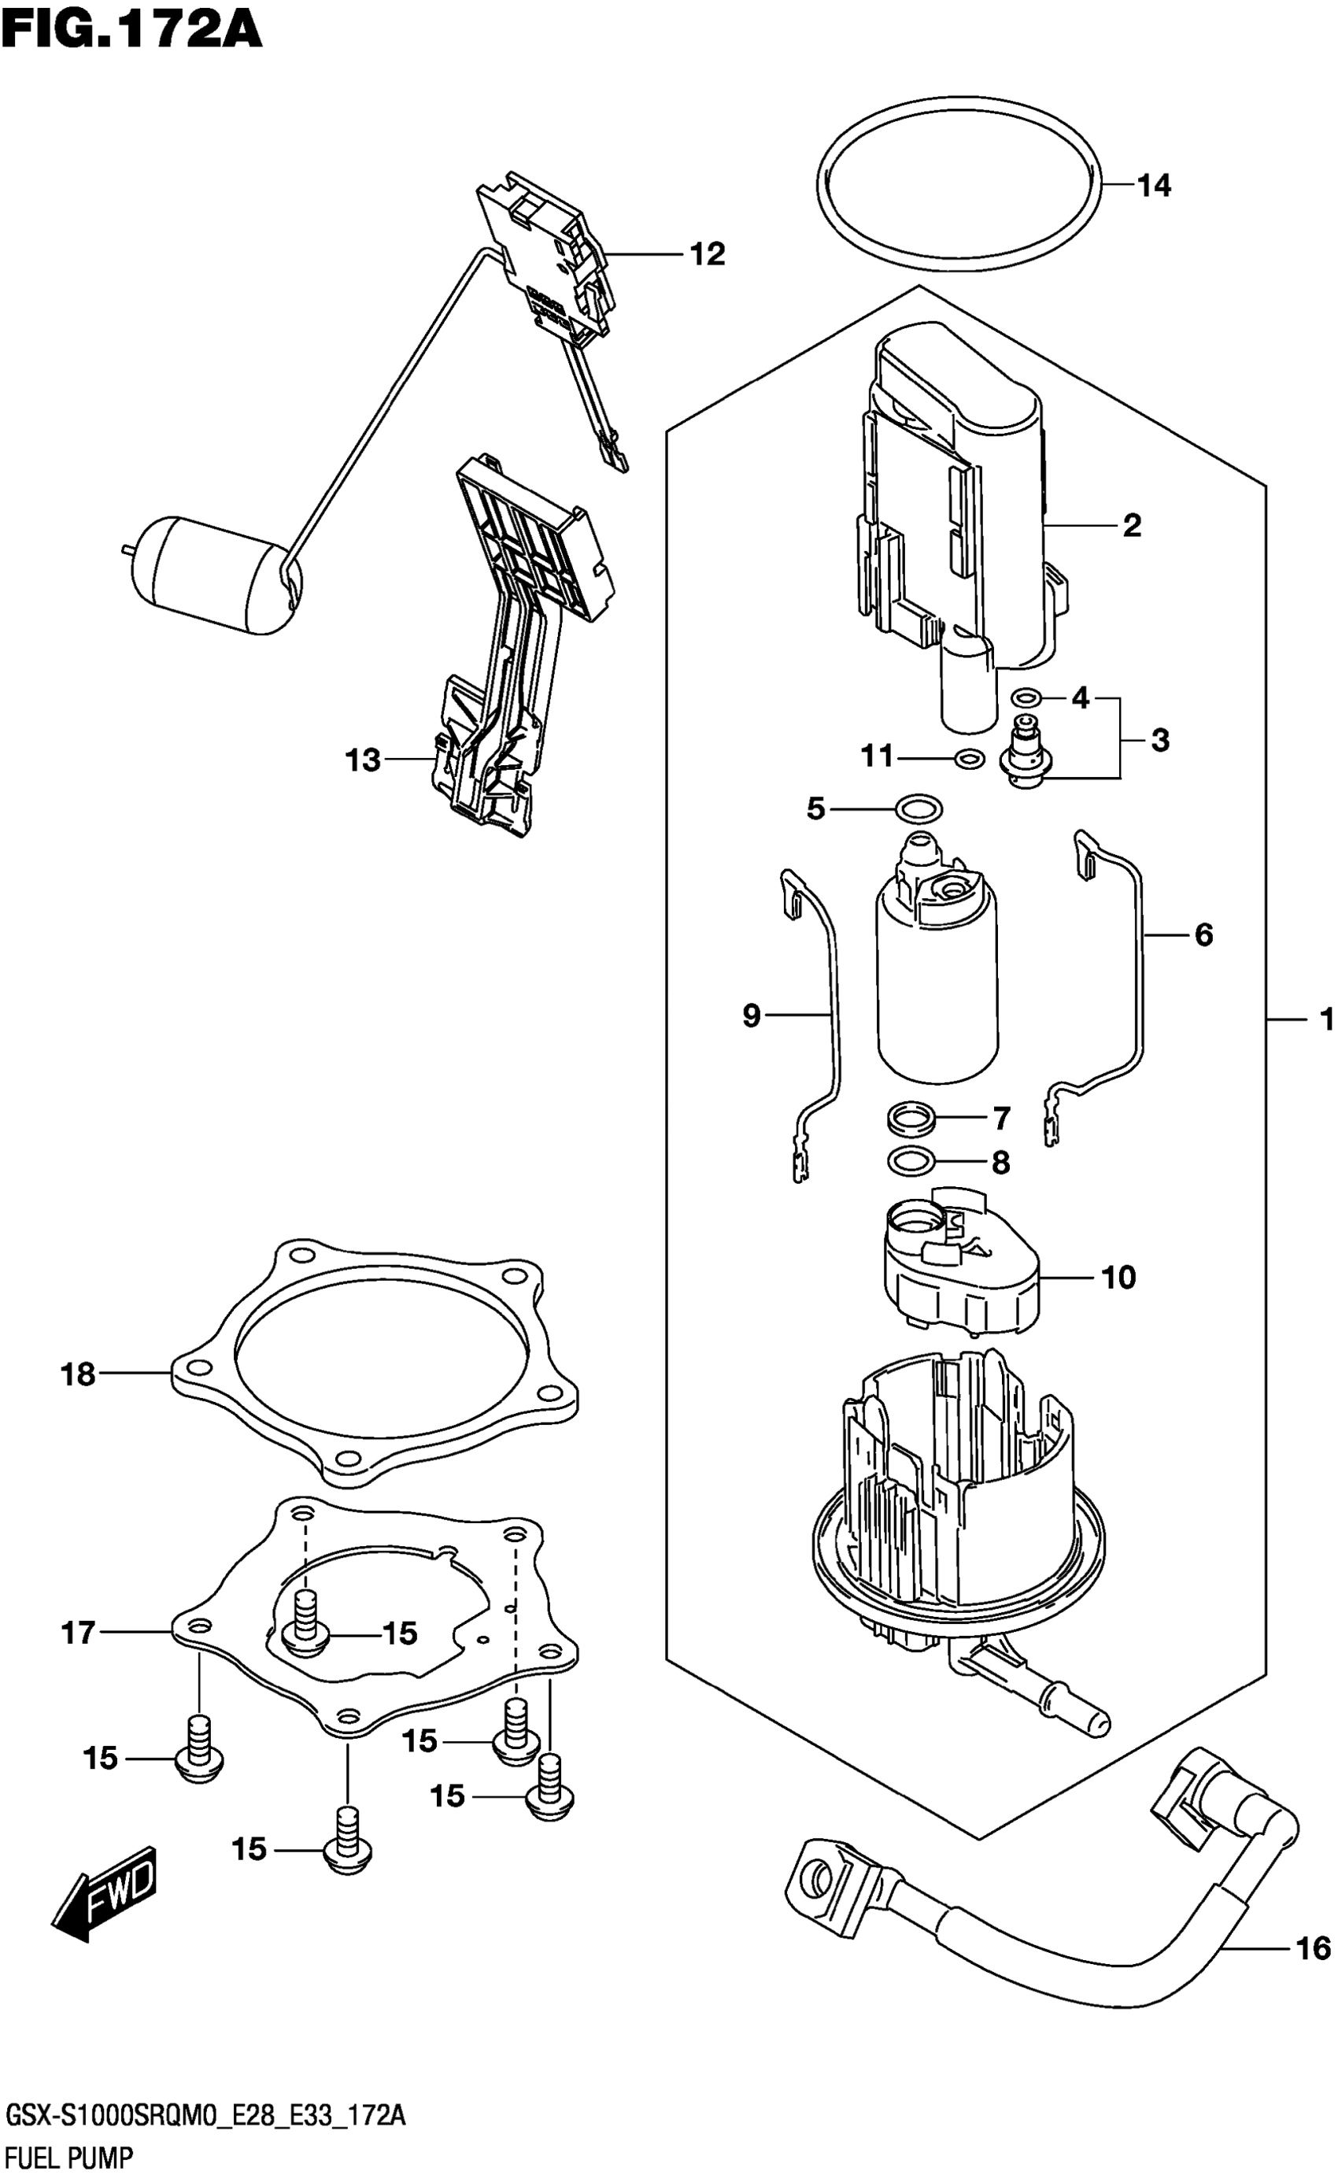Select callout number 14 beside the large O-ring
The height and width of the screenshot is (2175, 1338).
click(x=1153, y=186)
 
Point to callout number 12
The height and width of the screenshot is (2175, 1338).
click(x=707, y=255)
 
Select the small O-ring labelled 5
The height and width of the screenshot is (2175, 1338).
click(x=918, y=808)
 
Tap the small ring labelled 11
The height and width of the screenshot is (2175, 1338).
click(x=970, y=758)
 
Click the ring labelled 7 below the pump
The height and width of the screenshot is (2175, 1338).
click(x=911, y=1119)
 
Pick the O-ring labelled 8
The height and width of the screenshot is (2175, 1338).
click(x=909, y=1161)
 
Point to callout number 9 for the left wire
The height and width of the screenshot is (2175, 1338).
click(x=752, y=1015)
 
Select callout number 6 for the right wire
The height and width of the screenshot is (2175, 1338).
click(x=1203, y=934)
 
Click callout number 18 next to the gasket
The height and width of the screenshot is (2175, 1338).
click(x=78, y=1375)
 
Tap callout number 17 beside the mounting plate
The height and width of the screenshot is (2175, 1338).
click(x=78, y=1633)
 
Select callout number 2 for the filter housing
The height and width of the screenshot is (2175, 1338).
click(x=1132, y=527)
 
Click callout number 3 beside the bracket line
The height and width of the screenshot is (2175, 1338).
click(x=1160, y=740)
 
